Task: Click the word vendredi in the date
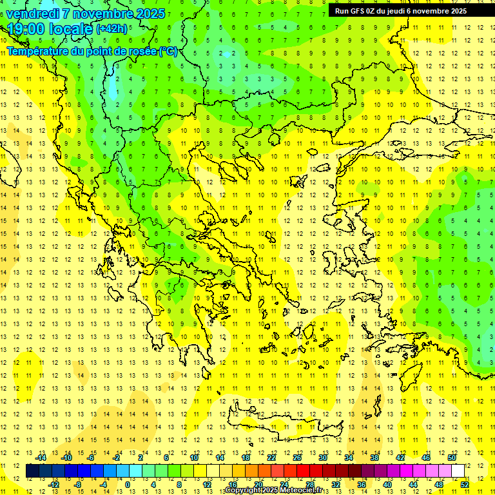33,14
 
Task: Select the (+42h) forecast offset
112,29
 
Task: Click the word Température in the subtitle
37,50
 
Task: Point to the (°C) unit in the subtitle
168,50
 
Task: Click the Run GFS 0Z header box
400,11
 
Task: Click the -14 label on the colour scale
41,458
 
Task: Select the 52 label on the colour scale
465,485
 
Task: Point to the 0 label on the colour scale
127,485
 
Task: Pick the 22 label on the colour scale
271,458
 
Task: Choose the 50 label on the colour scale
452,458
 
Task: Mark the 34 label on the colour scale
349,458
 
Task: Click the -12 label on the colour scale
54,485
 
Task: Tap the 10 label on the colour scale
194,458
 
